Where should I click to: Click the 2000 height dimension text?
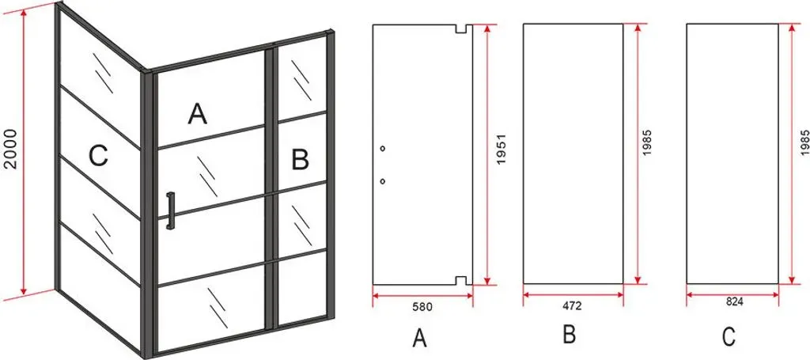pos(11,149)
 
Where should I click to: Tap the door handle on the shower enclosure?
pos(170,210)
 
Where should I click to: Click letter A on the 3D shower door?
pos(197,114)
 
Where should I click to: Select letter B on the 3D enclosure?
pos(300,159)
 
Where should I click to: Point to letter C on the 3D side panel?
pos(97,155)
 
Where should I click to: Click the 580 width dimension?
pos(422,306)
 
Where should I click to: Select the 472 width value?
pos(573,305)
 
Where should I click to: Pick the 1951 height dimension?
pos(501,150)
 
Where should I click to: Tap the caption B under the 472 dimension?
pos(570,335)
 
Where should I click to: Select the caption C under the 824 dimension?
pos(729,336)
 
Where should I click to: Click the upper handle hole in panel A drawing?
pos(382,149)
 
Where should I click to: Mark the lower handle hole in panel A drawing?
pos(382,181)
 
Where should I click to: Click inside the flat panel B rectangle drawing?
pos(573,153)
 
